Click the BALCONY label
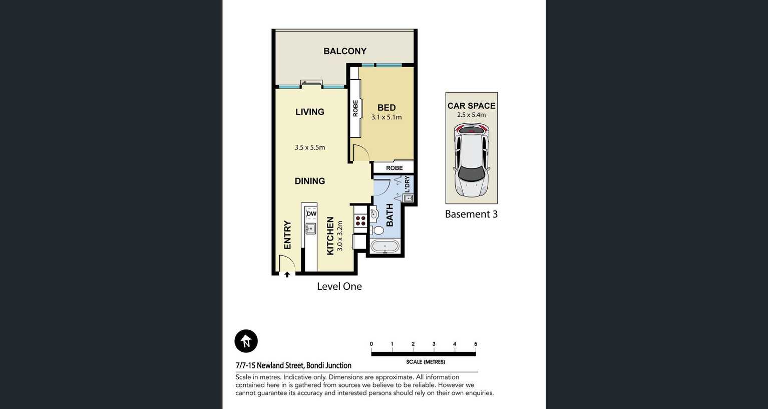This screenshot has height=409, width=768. [x=345, y=51]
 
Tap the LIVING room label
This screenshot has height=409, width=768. [x=309, y=112]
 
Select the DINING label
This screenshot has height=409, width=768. [x=309, y=181]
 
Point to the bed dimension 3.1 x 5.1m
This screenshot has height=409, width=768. [x=387, y=117]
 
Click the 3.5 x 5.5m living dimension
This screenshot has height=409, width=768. [x=309, y=147]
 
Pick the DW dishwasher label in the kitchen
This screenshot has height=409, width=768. [x=311, y=214]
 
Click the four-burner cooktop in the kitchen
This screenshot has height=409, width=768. [x=360, y=221]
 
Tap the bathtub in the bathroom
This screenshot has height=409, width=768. [x=385, y=247]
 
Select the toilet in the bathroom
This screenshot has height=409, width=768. [x=377, y=230]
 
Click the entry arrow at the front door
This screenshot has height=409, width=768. [x=287, y=275]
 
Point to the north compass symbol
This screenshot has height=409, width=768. [x=246, y=341]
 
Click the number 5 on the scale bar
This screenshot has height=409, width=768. [x=476, y=344]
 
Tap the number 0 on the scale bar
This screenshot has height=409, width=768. [x=371, y=344]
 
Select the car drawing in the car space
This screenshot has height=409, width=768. [x=472, y=160]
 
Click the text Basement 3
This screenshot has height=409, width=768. [x=471, y=214]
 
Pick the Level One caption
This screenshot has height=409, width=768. [x=339, y=287]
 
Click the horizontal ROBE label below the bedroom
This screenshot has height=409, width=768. [x=395, y=168]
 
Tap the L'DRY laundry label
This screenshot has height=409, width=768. [x=407, y=184]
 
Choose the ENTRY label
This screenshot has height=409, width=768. [x=288, y=235]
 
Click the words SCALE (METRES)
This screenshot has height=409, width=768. [x=426, y=362]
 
